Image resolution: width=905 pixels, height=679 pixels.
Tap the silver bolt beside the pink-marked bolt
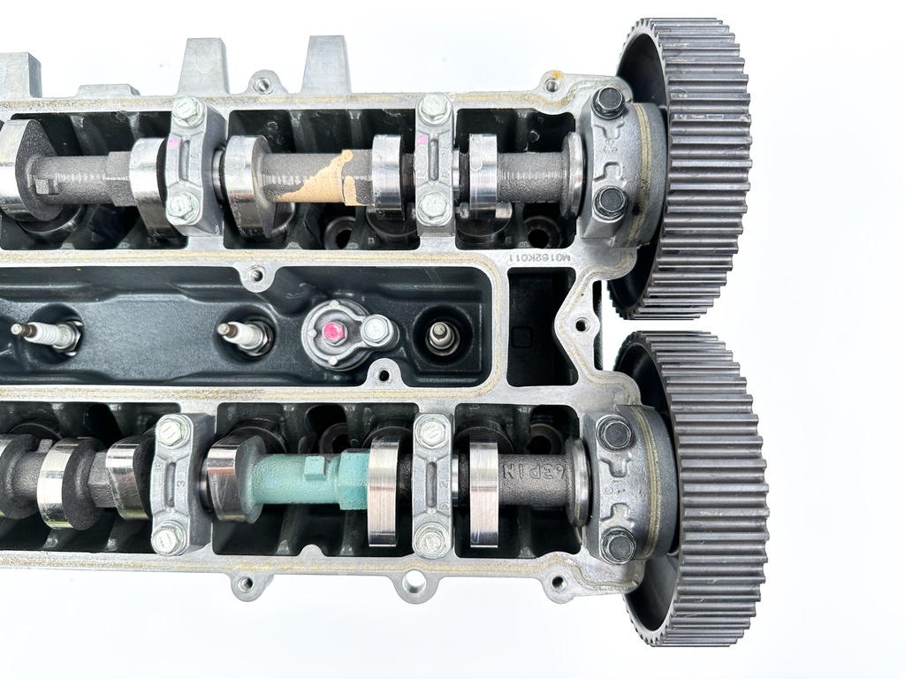pos(376,329)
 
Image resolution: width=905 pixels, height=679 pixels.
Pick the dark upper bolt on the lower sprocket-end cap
pos(612,433)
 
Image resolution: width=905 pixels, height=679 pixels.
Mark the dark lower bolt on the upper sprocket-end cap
pos(609,202)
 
